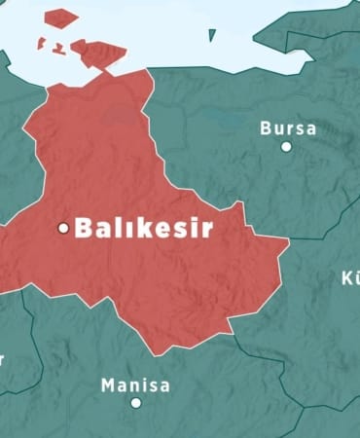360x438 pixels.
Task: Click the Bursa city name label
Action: pos(288,128)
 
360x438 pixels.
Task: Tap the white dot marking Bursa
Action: pos(286,147)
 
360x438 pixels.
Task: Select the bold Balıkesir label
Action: pos(143,229)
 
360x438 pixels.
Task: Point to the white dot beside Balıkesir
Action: pos(64,229)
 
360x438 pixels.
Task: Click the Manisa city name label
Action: pos(135,385)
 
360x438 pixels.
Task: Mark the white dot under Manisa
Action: pos(136,403)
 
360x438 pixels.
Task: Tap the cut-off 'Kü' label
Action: pos(350,278)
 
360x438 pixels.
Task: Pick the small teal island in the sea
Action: pos(212,35)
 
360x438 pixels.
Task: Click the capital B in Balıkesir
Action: pos(84,229)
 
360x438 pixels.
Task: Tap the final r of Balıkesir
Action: pos(206,230)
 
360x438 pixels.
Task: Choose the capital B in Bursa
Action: pos(266,128)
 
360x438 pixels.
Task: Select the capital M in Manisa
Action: pos(108,385)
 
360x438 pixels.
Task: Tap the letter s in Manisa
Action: pos(153,386)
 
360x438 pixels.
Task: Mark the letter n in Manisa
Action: pos(134,386)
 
